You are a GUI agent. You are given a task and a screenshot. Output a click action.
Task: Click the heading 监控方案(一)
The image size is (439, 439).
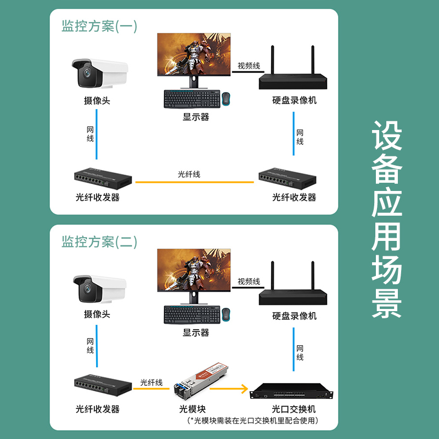99,26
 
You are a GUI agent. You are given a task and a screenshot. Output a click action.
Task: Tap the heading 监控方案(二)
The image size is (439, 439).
99,242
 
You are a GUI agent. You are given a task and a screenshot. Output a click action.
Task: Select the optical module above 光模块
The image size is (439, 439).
200,382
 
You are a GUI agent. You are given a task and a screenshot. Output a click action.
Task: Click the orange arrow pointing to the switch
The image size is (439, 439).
229,389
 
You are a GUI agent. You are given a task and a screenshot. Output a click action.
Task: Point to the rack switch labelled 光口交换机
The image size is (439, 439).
291,391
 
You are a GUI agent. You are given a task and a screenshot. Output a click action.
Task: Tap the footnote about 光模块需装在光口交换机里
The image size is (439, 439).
253,420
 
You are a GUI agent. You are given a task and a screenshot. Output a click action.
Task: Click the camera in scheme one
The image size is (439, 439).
100,73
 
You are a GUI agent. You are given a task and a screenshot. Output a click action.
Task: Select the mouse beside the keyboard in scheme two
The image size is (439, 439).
226,314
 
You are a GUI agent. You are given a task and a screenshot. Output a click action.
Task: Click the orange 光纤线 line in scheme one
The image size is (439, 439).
195,182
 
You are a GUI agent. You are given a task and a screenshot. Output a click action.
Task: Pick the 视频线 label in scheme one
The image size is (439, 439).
249,66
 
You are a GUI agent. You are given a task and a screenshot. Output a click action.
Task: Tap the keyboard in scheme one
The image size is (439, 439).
192,99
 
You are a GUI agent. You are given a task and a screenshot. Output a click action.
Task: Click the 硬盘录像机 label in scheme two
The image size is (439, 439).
294,316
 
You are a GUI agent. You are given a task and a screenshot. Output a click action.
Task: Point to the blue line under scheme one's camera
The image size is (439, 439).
97,134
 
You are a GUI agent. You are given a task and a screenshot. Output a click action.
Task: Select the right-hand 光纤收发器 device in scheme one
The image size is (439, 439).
287,178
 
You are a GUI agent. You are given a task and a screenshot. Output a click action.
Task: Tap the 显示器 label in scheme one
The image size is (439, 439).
196,117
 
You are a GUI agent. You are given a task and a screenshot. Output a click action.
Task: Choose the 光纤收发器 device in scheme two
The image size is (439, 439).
103,385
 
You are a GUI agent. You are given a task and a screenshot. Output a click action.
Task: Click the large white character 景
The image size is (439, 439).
387,303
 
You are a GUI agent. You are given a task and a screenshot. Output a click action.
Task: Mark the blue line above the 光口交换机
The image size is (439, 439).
294,350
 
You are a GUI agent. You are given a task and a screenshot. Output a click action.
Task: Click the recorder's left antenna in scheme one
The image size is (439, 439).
272,60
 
